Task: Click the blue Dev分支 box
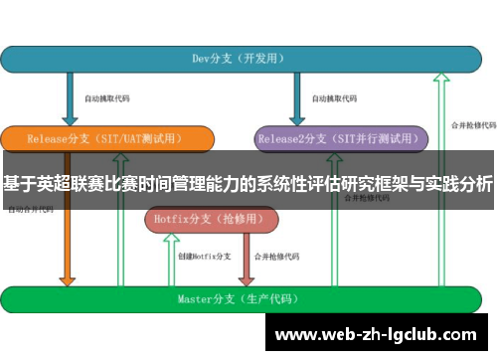tap(248, 59)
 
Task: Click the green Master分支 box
tap(248, 297)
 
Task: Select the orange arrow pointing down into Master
tap(68, 249)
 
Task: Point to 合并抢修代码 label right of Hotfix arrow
tap(276, 257)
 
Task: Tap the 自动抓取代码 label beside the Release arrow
tap(106, 98)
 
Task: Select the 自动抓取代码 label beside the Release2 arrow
tap(333, 98)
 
